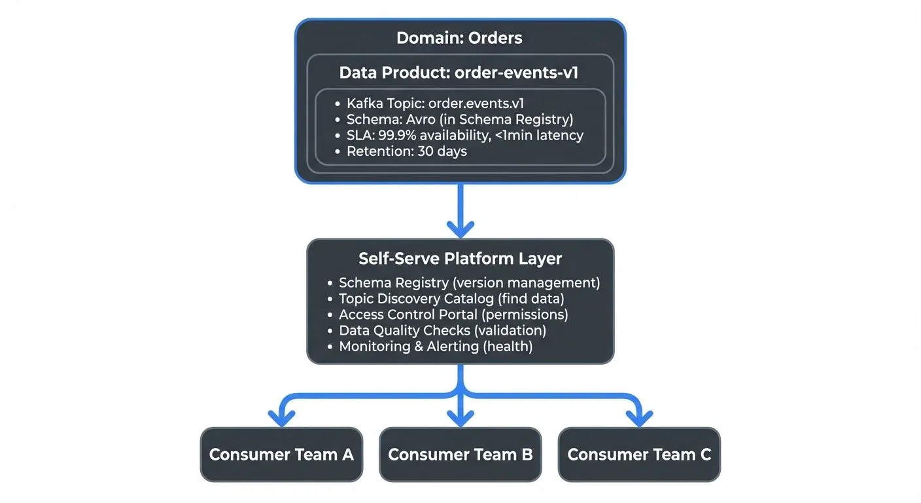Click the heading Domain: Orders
[459, 38]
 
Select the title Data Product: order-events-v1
[459, 73]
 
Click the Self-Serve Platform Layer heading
[460, 259]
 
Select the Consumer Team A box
[281, 455]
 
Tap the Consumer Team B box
[460, 455]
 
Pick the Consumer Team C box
[638, 455]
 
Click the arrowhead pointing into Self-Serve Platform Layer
[460, 229]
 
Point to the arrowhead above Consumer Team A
[281, 418]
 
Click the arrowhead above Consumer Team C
[639, 418]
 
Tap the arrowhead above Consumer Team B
[460, 418]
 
